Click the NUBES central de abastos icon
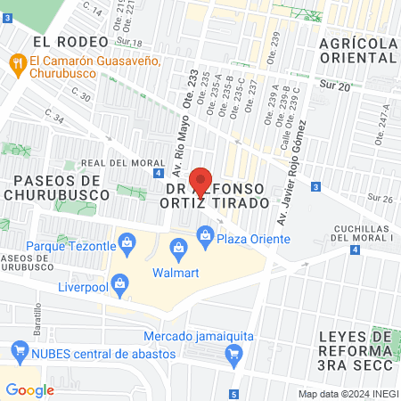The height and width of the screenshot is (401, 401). (15, 350)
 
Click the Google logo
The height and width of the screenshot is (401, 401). (29, 389)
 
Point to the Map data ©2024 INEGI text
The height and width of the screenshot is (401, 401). (347, 393)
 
